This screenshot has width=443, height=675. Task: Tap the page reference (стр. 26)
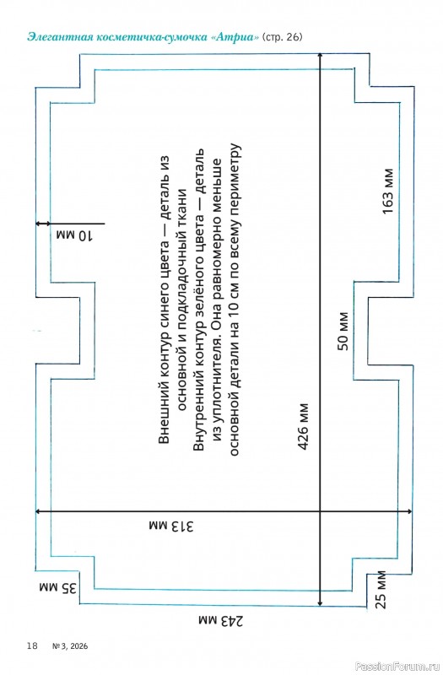click(282, 37)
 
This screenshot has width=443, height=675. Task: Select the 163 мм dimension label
click(387, 191)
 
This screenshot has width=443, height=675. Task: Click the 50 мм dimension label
click(343, 331)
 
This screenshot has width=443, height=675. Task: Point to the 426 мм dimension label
click(303, 427)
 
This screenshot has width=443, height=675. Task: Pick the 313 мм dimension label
click(171, 526)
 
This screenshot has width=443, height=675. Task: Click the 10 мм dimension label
click(74, 235)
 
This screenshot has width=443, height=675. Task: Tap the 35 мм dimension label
click(58, 587)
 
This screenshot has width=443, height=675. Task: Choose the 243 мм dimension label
click(221, 620)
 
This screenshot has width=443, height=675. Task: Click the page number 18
click(32, 645)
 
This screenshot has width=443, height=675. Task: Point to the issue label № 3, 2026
click(70, 645)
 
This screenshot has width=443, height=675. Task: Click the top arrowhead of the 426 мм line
click(320, 56)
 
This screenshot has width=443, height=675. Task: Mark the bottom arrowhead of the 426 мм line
click(320, 602)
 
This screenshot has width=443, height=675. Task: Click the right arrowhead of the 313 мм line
click(409, 511)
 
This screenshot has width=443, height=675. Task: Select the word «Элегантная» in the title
click(61, 37)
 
